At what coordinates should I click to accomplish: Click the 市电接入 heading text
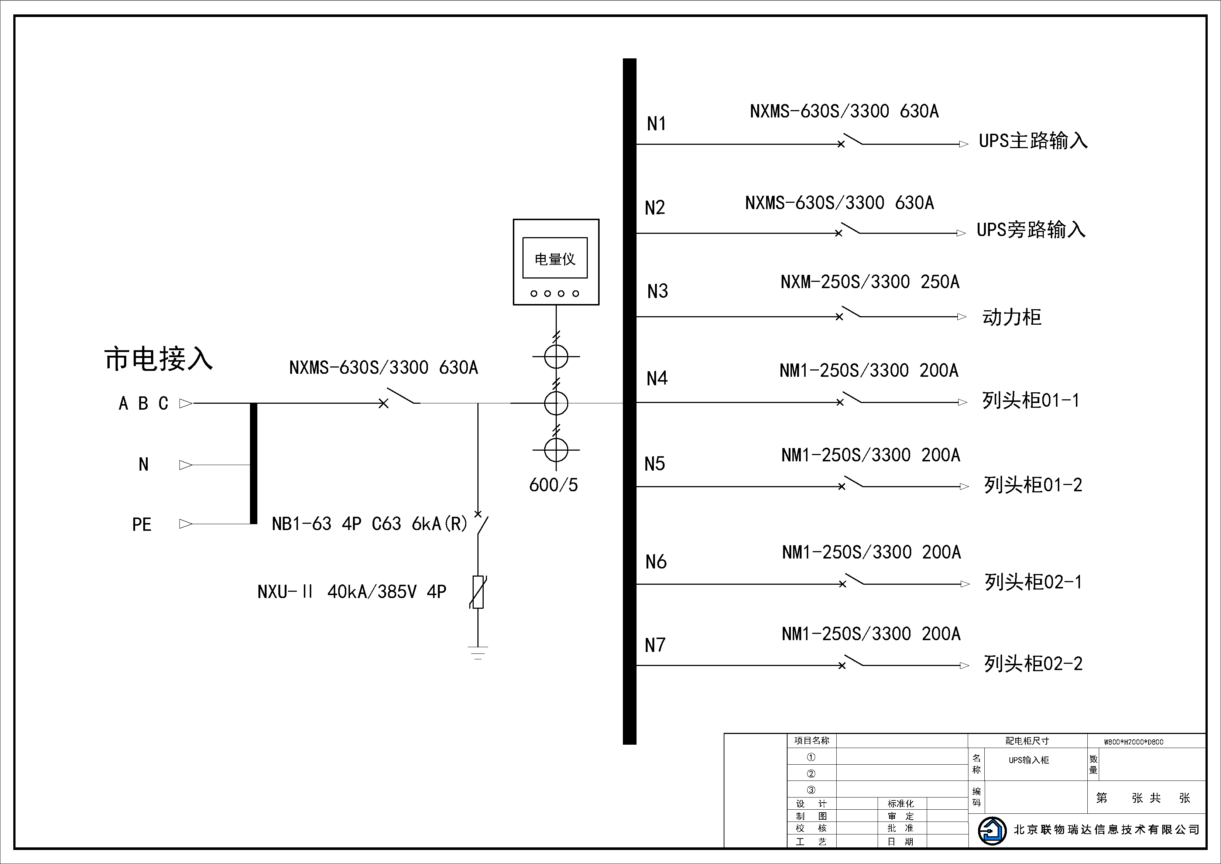158,359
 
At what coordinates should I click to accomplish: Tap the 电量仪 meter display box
555,259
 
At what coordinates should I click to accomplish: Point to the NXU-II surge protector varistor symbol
478,592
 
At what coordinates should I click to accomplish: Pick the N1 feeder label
656,124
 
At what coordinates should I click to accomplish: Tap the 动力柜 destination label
1012,317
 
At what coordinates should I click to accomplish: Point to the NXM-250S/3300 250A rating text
870,282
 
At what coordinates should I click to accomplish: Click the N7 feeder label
655,645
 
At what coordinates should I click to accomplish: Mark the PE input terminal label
141,525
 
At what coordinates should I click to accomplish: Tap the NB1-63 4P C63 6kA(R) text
370,524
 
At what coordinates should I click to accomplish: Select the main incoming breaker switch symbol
401,398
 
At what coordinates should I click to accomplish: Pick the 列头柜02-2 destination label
1033,664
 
